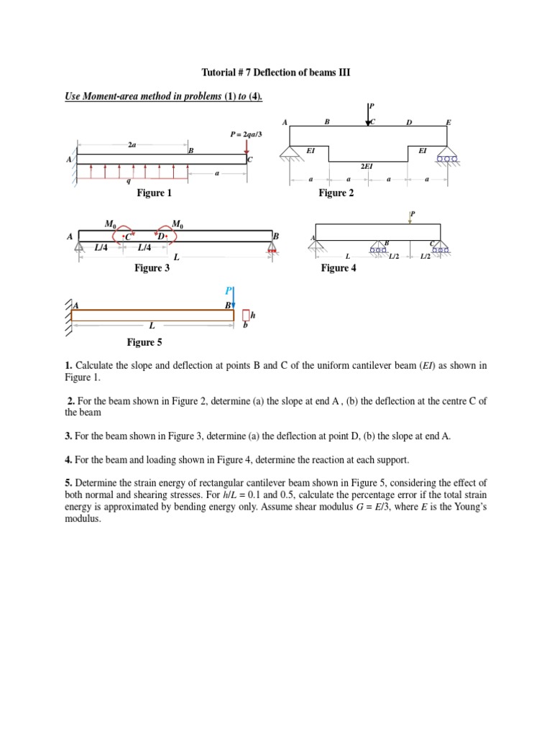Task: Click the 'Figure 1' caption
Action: tap(154, 193)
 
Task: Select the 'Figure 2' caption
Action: tap(336, 193)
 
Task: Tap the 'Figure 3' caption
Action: tap(152, 268)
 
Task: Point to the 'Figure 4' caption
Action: tap(339, 268)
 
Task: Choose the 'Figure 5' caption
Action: tap(144, 343)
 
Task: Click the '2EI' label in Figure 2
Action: tap(367, 166)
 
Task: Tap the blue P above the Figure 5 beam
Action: tap(229, 290)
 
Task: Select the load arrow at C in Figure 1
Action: tap(247, 146)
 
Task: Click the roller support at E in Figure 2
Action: tap(447, 157)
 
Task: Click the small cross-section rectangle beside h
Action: tap(246, 316)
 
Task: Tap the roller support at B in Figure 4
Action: tap(378, 249)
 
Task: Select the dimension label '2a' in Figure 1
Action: tap(132, 144)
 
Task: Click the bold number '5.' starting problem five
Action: tap(69, 482)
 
